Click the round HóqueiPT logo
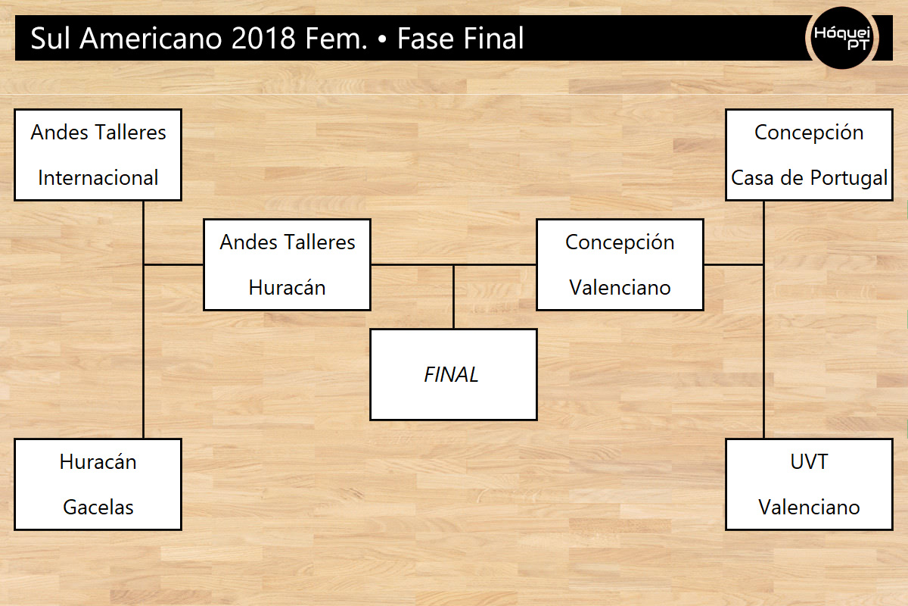click(x=841, y=38)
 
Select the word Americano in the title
click(x=151, y=39)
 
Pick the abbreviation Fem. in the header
click(x=336, y=39)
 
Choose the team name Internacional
click(x=98, y=178)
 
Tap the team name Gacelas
click(x=98, y=508)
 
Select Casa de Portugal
click(x=809, y=178)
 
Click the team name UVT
click(x=809, y=462)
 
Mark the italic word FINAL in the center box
click(x=451, y=375)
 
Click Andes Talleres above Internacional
click(x=98, y=133)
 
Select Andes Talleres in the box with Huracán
click(x=288, y=242)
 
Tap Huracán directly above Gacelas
click(x=98, y=462)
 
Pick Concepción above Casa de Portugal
click(x=809, y=133)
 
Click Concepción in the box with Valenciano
click(x=620, y=242)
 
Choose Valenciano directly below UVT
click(x=809, y=508)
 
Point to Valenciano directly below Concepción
click(x=620, y=288)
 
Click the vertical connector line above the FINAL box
click(x=453, y=297)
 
